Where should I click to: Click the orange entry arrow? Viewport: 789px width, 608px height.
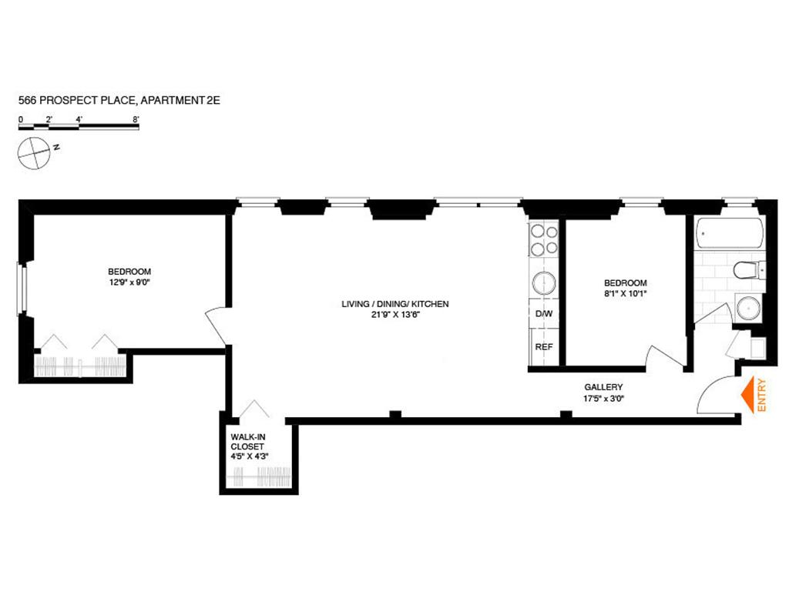pyautogui.click(x=747, y=396)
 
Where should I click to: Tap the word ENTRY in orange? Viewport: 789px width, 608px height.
pyautogui.click(x=763, y=396)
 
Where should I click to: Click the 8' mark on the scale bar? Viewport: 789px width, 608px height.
pyautogui.click(x=136, y=119)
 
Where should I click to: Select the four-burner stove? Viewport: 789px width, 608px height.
pyautogui.click(x=543, y=239)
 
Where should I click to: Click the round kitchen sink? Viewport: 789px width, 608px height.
pyautogui.click(x=544, y=283)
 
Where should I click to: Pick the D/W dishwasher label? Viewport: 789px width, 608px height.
pyautogui.click(x=544, y=315)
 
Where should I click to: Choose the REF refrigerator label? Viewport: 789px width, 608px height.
pyautogui.click(x=544, y=347)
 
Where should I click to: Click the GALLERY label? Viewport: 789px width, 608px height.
pyautogui.click(x=603, y=387)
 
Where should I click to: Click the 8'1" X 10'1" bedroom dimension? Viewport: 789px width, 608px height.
pyautogui.click(x=625, y=293)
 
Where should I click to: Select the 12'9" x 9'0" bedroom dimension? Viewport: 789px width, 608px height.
pyautogui.click(x=129, y=282)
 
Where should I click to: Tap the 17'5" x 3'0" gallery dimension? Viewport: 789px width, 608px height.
pyautogui.click(x=603, y=398)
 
